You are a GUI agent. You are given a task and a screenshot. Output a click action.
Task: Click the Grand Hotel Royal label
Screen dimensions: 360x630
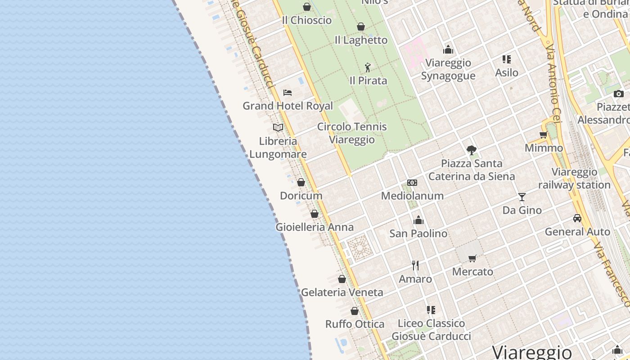(x=288, y=106)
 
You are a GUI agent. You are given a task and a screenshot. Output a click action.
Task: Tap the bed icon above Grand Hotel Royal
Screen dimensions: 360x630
(x=288, y=93)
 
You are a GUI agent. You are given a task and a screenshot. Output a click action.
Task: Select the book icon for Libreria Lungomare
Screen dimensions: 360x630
(x=278, y=127)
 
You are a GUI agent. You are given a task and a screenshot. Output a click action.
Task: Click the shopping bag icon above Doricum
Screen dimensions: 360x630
(x=301, y=182)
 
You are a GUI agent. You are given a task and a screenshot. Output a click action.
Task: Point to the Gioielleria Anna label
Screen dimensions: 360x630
(x=315, y=227)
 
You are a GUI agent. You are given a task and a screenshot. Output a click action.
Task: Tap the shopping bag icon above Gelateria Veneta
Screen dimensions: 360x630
(x=342, y=279)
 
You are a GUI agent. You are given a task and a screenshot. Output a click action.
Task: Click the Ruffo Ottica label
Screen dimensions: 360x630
(x=355, y=324)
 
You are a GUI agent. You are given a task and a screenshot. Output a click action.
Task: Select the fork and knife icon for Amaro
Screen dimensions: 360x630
(x=415, y=265)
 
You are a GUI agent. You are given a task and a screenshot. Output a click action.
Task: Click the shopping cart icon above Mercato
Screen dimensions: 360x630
(x=472, y=258)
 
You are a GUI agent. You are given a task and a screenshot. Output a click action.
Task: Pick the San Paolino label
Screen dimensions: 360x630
(x=418, y=234)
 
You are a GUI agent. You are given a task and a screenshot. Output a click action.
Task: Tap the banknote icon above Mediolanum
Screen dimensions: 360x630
(x=412, y=183)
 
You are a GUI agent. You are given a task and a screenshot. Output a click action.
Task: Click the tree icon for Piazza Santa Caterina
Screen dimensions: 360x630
(x=472, y=150)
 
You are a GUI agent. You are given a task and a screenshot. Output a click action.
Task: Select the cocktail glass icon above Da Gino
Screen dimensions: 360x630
(x=522, y=197)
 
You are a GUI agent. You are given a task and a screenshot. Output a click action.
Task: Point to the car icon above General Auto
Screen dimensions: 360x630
(x=577, y=218)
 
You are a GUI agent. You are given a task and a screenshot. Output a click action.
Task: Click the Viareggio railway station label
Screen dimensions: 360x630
(x=574, y=179)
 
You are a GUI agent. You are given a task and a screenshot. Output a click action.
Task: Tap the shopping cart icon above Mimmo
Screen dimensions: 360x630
(x=544, y=135)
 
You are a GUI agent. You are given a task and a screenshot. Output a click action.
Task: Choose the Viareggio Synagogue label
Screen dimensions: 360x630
(x=448, y=69)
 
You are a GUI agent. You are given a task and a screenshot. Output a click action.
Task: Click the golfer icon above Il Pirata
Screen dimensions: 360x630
(x=368, y=67)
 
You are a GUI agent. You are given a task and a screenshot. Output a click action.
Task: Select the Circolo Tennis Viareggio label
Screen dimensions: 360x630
(x=352, y=133)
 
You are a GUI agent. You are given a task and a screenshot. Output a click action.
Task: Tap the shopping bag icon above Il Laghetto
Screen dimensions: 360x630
(x=361, y=27)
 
